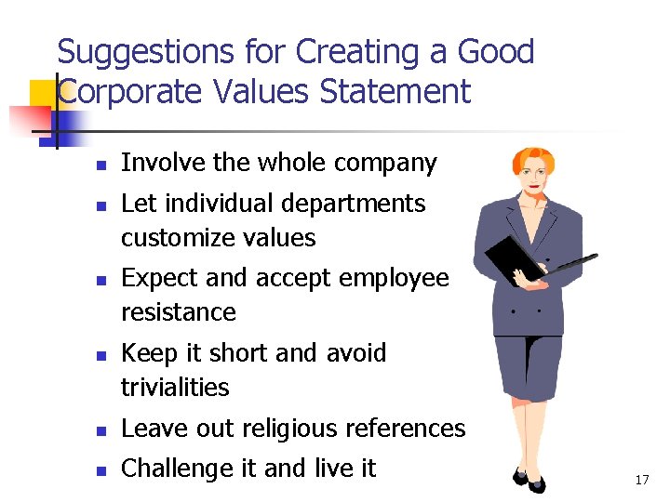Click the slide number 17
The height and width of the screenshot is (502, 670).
pyautogui.click(x=641, y=480)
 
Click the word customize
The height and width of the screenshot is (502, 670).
pyautogui.click(x=176, y=238)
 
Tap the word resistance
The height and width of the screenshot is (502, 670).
pyautogui.click(x=179, y=312)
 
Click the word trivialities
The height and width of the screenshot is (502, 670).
pyautogui.click(x=175, y=387)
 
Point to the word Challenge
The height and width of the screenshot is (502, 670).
pyautogui.click(x=179, y=469)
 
